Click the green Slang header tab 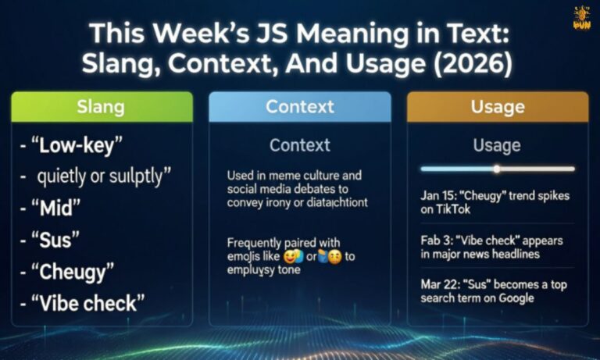coord(102,106)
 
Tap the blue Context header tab coord(300,106)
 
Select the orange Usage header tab coord(497,106)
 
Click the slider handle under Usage coord(496,169)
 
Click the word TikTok coord(463,209)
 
